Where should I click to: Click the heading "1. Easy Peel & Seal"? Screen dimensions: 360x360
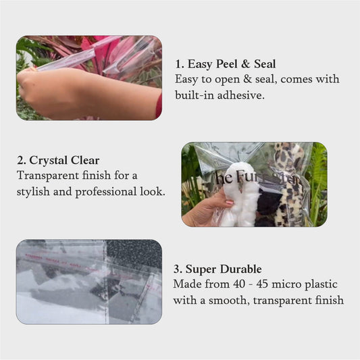pyautogui.click(x=225, y=64)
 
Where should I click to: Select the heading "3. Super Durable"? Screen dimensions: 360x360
pyautogui.click(x=217, y=269)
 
